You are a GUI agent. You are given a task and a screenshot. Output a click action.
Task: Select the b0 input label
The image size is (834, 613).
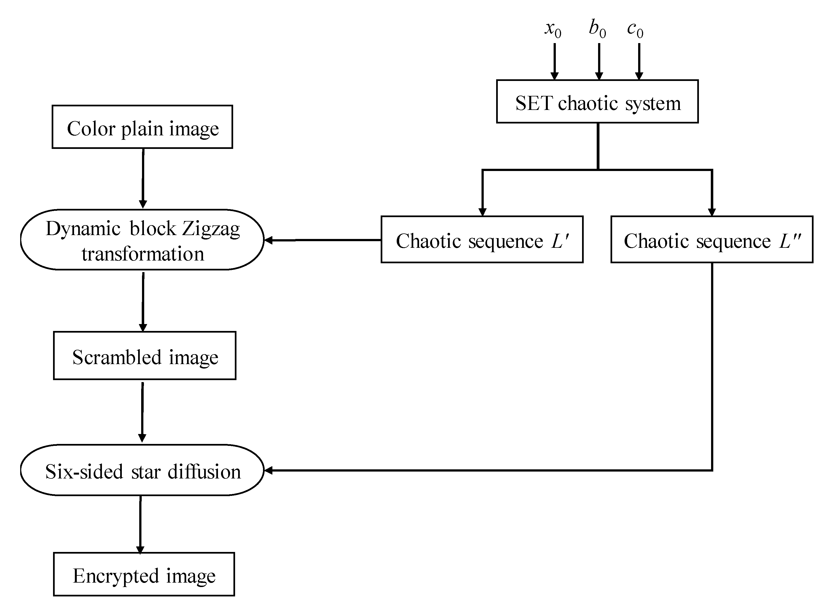click(597, 29)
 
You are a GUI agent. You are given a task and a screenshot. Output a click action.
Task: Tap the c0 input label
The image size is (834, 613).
click(635, 30)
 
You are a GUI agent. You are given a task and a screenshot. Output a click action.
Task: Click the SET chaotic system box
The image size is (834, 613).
click(597, 101)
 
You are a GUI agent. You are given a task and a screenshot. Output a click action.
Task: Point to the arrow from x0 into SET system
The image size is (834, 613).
click(554, 61)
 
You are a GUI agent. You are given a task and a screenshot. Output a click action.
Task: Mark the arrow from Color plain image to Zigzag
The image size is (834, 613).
click(143, 178)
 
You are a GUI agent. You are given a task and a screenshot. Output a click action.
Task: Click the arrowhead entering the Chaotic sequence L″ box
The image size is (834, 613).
click(712, 212)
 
